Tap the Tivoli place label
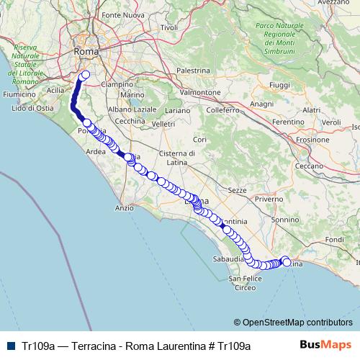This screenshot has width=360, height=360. (168, 27)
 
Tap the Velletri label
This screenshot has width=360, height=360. (164, 124)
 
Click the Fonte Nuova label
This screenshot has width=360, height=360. (120, 15)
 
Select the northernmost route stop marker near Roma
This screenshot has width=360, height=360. (86, 74)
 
